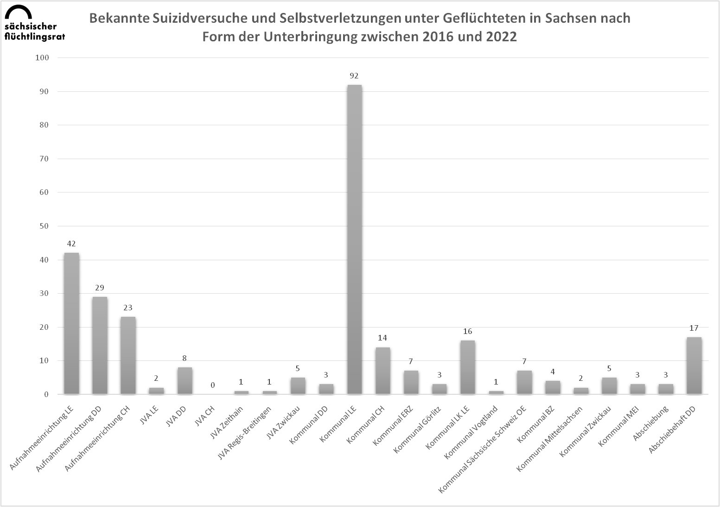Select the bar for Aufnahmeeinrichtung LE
click(71, 323)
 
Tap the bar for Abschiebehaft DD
click(694, 366)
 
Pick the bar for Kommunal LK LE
click(467, 367)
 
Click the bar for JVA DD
click(185, 380)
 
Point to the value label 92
click(355, 76)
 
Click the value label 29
click(100, 288)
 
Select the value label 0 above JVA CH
click(213, 385)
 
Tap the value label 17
click(694, 328)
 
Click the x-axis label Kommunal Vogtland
click(472, 431)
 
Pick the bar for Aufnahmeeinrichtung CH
click(128, 355)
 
